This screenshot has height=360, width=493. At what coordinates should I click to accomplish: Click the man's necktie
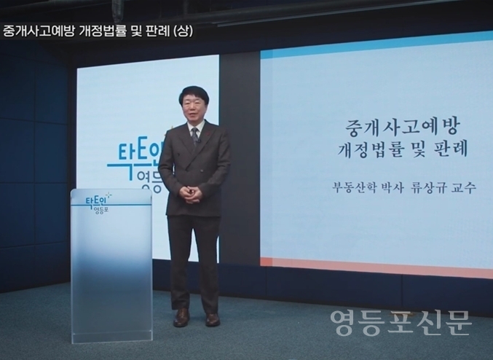[194, 136]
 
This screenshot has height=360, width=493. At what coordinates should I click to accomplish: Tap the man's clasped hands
[189, 194]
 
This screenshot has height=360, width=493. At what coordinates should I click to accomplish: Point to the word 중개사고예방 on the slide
[403, 127]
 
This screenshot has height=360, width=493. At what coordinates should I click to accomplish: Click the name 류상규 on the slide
[429, 188]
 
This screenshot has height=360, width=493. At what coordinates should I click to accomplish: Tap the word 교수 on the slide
[464, 188]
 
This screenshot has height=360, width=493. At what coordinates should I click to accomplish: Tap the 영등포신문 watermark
[401, 323]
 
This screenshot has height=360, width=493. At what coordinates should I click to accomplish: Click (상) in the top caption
[184, 31]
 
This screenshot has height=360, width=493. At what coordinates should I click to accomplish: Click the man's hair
[192, 93]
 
